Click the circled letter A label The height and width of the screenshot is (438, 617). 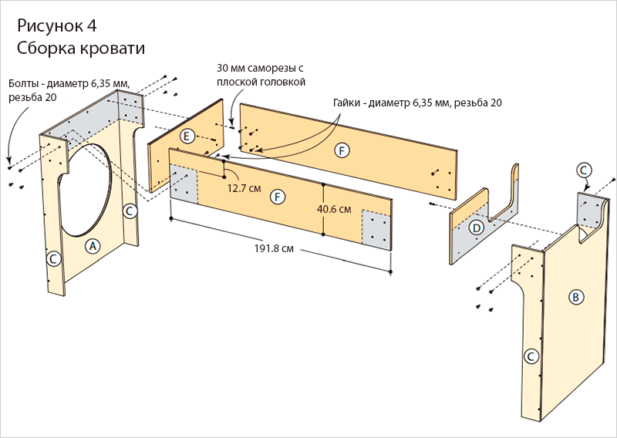click(x=92, y=246)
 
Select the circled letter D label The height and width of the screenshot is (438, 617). click(x=477, y=227)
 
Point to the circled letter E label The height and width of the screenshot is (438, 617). click(x=187, y=136)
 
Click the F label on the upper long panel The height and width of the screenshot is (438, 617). click(x=342, y=150)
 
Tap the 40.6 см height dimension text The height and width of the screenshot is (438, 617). click(x=334, y=209)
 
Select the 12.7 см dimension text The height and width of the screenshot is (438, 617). click(x=243, y=187)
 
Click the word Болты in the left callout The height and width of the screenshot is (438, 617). click(x=25, y=83)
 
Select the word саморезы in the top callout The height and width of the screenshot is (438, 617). click(x=270, y=68)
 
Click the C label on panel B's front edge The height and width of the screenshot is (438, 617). click(x=530, y=356)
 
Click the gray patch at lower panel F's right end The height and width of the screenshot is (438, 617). click(x=376, y=228)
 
